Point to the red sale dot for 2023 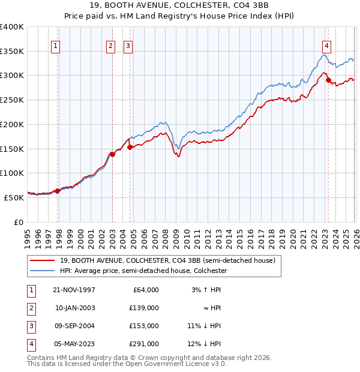tap(328, 80)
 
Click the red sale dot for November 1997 tap(58, 191)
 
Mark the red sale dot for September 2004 tap(130, 147)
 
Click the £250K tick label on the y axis tap(11, 100)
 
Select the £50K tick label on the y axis tap(14, 197)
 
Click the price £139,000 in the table tap(145, 307)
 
